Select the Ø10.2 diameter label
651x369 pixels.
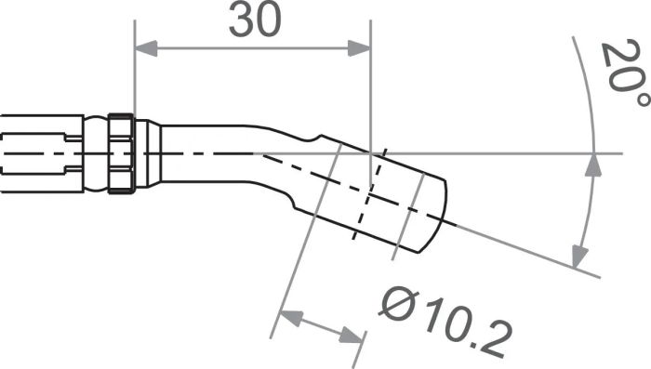[445, 321]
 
